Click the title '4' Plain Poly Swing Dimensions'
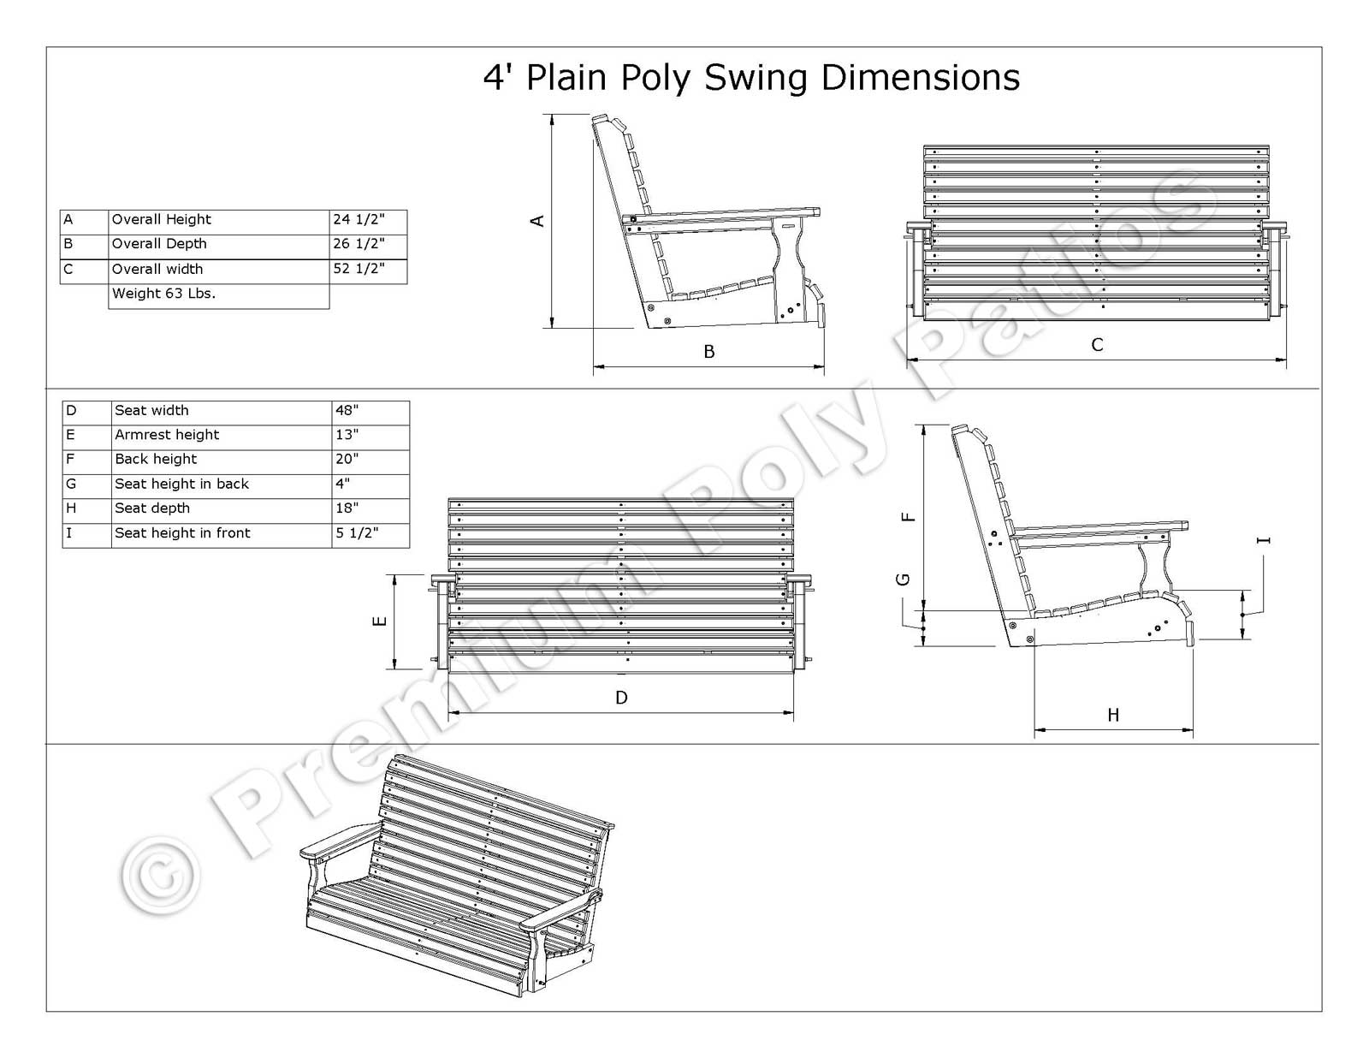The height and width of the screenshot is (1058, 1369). pyautogui.click(x=751, y=78)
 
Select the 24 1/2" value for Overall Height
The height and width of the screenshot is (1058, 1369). pyautogui.click(x=359, y=220)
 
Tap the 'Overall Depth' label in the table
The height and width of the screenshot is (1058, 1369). pyautogui.click(x=159, y=244)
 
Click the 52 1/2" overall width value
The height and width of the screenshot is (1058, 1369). pyautogui.click(x=359, y=269)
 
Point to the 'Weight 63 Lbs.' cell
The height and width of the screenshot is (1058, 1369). pyautogui.click(x=163, y=294)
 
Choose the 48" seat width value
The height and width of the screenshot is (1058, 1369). pyautogui.click(x=347, y=411)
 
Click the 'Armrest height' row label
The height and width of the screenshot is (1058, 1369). pyautogui.click(x=167, y=435)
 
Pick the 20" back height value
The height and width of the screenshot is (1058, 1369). pyautogui.click(x=347, y=460)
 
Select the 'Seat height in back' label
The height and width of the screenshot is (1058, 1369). pyautogui.click(x=181, y=484)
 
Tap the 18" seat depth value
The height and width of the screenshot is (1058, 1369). pyautogui.click(x=347, y=508)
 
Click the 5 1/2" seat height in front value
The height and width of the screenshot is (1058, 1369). pyautogui.click(x=357, y=533)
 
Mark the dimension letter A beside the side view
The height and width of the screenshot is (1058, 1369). pyautogui.click(x=537, y=221)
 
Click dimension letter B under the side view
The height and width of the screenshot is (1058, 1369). pyautogui.click(x=708, y=352)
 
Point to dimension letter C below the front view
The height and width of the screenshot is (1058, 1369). pyautogui.click(x=1097, y=345)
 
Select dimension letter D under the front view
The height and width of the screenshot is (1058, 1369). pyautogui.click(x=621, y=698)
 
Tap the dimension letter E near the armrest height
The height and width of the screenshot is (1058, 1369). pyautogui.click(x=381, y=621)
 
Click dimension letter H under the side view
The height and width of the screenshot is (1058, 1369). pyautogui.click(x=1112, y=715)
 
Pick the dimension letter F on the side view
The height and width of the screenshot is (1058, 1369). pyautogui.click(x=909, y=517)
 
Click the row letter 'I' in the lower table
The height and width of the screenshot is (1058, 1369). pyautogui.click(x=69, y=533)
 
